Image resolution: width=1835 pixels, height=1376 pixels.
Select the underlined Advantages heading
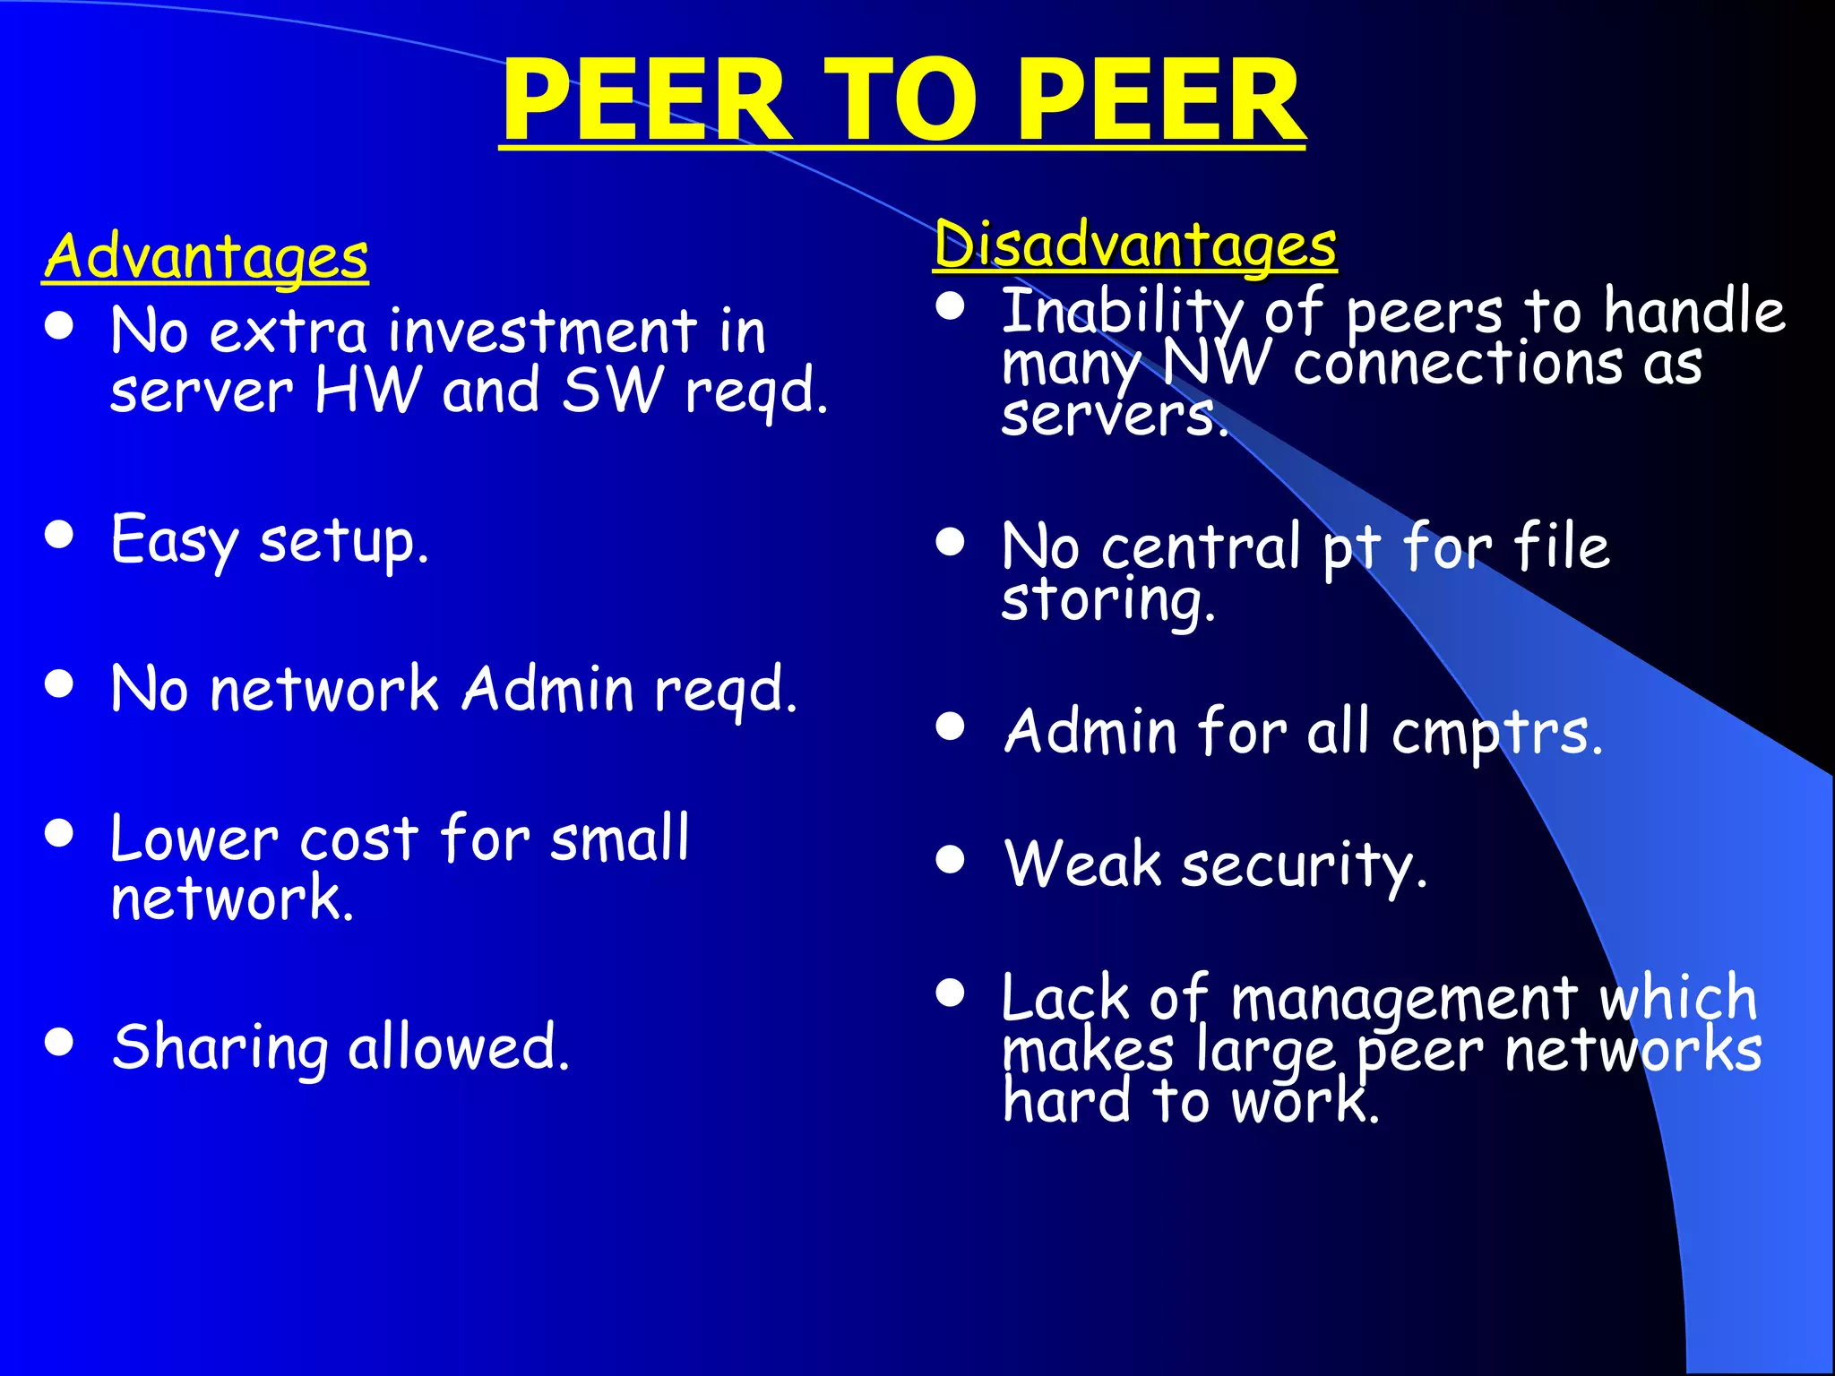click(x=206, y=256)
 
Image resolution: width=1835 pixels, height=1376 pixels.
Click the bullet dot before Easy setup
click(x=59, y=535)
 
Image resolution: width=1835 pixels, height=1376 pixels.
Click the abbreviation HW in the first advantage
click(x=367, y=391)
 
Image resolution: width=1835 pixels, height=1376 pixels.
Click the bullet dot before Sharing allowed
click(x=59, y=1042)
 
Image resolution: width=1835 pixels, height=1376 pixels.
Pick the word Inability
click(x=1122, y=311)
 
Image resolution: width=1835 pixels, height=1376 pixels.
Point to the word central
click(x=1201, y=546)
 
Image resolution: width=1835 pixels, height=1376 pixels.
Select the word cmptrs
click(x=1496, y=733)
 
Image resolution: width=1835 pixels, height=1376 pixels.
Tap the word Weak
click(x=1082, y=864)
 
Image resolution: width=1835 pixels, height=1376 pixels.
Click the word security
click(x=1304, y=866)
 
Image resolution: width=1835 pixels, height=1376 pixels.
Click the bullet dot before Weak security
click(x=950, y=860)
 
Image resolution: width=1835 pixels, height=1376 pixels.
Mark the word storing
click(x=1107, y=600)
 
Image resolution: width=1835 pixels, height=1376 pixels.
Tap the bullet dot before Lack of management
click(x=950, y=993)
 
